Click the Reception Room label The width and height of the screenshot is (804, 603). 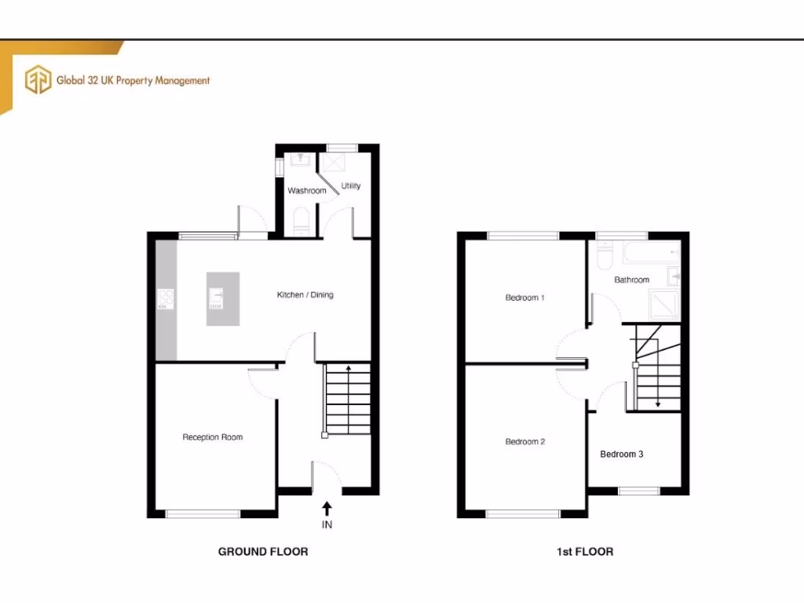(212, 437)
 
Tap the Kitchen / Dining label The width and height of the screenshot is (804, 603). (305, 295)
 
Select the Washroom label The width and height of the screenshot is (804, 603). (306, 191)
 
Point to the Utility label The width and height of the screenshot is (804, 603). (351, 186)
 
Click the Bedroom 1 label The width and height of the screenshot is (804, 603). (524, 298)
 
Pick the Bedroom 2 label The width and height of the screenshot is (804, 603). (524, 442)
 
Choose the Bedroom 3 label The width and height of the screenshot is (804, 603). (622, 454)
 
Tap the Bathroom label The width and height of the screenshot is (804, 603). (631, 280)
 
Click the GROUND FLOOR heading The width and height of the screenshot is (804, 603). (263, 552)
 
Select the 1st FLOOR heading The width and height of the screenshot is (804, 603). (585, 552)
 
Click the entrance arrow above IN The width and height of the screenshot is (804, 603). (327, 507)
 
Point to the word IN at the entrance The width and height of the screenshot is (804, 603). (327, 524)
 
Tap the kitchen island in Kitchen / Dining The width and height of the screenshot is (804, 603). (221, 298)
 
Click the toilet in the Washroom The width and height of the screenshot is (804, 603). (301, 221)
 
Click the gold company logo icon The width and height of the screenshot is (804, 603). (38, 80)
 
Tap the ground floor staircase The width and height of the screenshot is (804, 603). (346, 400)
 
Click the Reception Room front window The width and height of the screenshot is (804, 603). (203, 513)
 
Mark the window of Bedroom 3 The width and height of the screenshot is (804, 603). (638, 491)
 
